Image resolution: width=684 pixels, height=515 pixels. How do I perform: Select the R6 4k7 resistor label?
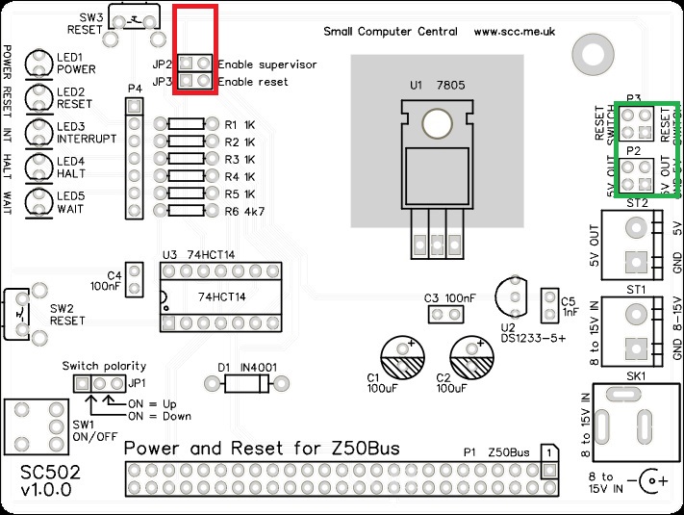tap(244, 211)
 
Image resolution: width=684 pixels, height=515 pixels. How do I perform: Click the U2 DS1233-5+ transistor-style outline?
tap(511, 293)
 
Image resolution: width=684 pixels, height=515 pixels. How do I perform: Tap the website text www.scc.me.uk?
tap(515, 32)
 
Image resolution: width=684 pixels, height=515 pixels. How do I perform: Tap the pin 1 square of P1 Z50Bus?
tap(547, 452)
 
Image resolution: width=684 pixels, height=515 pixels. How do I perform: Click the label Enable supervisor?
tap(266, 64)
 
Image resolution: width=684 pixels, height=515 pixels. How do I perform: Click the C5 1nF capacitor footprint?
tap(549, 305)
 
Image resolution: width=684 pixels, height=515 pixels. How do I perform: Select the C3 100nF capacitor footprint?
tap(444, 315)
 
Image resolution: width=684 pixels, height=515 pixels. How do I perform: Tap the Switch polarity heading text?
tap(104, 366)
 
